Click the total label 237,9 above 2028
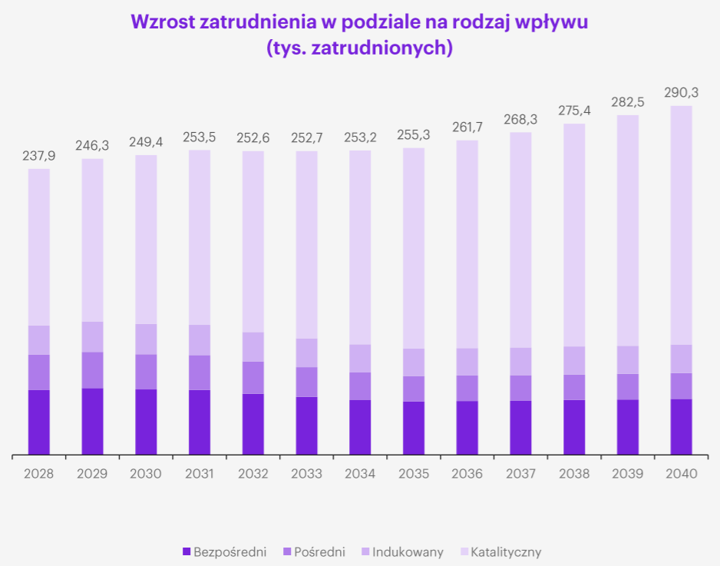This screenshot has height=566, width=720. (x=38, y=156)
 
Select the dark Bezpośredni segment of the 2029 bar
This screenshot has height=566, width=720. (x=92, y=421)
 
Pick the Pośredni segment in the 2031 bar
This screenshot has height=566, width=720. (x=200, y=372)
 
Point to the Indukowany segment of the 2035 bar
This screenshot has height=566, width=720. (x=414, y=362)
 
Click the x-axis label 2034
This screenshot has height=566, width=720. (x=360, y=474)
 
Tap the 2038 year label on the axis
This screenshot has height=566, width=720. (x=574, y=474)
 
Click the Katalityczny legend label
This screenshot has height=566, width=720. (x=505, y=551)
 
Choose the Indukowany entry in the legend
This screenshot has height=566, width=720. (x=408, y=551)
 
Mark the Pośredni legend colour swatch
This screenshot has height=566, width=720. (x=287, y=551)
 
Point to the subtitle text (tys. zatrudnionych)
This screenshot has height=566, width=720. (x=359, y=48)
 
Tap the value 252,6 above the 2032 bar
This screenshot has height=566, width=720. (x=253, y=138)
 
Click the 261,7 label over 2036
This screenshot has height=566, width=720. (x=467, y=127)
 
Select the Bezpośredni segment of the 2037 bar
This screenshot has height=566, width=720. (x=520, y=427)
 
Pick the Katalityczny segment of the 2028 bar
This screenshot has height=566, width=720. (x=38, y=246)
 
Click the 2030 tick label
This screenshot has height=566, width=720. (x=146, y=474)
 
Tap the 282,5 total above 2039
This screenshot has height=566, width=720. (x=627, y=102)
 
